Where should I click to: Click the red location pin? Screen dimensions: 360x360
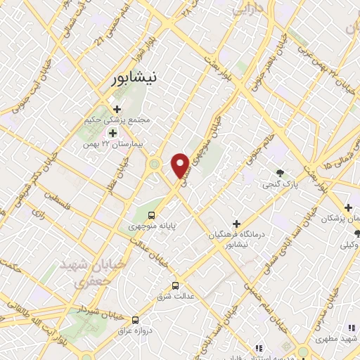[x=180, y=165]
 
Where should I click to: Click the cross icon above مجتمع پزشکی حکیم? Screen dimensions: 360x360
[x=117, y=109]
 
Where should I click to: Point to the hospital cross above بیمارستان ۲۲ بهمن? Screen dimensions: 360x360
[x=112, y=132]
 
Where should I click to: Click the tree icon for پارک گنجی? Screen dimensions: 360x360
[x=281, y=173]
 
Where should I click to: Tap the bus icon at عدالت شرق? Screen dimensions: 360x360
[x=176, y=286]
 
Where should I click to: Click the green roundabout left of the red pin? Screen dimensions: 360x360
[x=154, y=165]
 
